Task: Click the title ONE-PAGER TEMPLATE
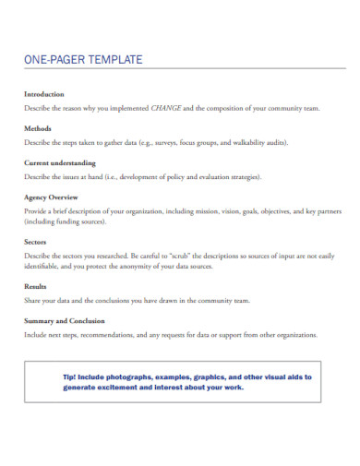(x=83, y=61)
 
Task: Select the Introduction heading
(x=44, y=94)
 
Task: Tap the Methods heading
(x=38, y=128)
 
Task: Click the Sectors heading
(x=37, y=242)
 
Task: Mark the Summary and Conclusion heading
(x=66, y=321)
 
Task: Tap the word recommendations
(x=103, y=335)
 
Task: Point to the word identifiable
(x=44, y=266)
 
